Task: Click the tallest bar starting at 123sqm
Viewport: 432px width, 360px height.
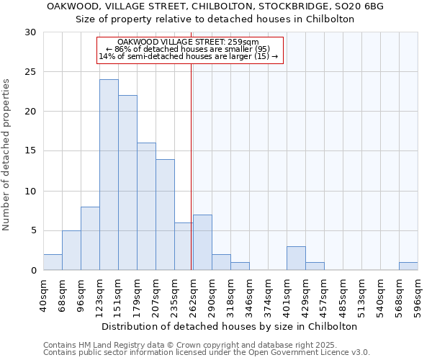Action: (x=109, y=175)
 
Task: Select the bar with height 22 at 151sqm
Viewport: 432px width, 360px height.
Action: (x=127, y=183)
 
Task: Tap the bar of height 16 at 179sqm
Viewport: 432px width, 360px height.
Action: (x=146, y=207)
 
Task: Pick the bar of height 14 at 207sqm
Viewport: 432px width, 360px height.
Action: (x=165, y=215)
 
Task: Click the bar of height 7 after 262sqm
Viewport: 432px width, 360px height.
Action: (x=202, y=243)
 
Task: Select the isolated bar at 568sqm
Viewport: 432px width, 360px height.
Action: (x=408, y=266)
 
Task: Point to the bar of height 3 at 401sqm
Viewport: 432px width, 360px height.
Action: (x=296, y=258)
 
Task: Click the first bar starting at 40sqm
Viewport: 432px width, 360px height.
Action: (x=53, y=262)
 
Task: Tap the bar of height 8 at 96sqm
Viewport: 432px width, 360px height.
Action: (x=90, y=238)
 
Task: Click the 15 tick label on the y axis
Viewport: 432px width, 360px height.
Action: (x=30, y=151)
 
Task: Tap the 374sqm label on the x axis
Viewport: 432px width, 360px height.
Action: (x=269, y=295)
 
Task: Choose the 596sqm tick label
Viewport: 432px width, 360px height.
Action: (x=418, y=295)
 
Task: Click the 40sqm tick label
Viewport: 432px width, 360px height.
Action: (x=44, y=295)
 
